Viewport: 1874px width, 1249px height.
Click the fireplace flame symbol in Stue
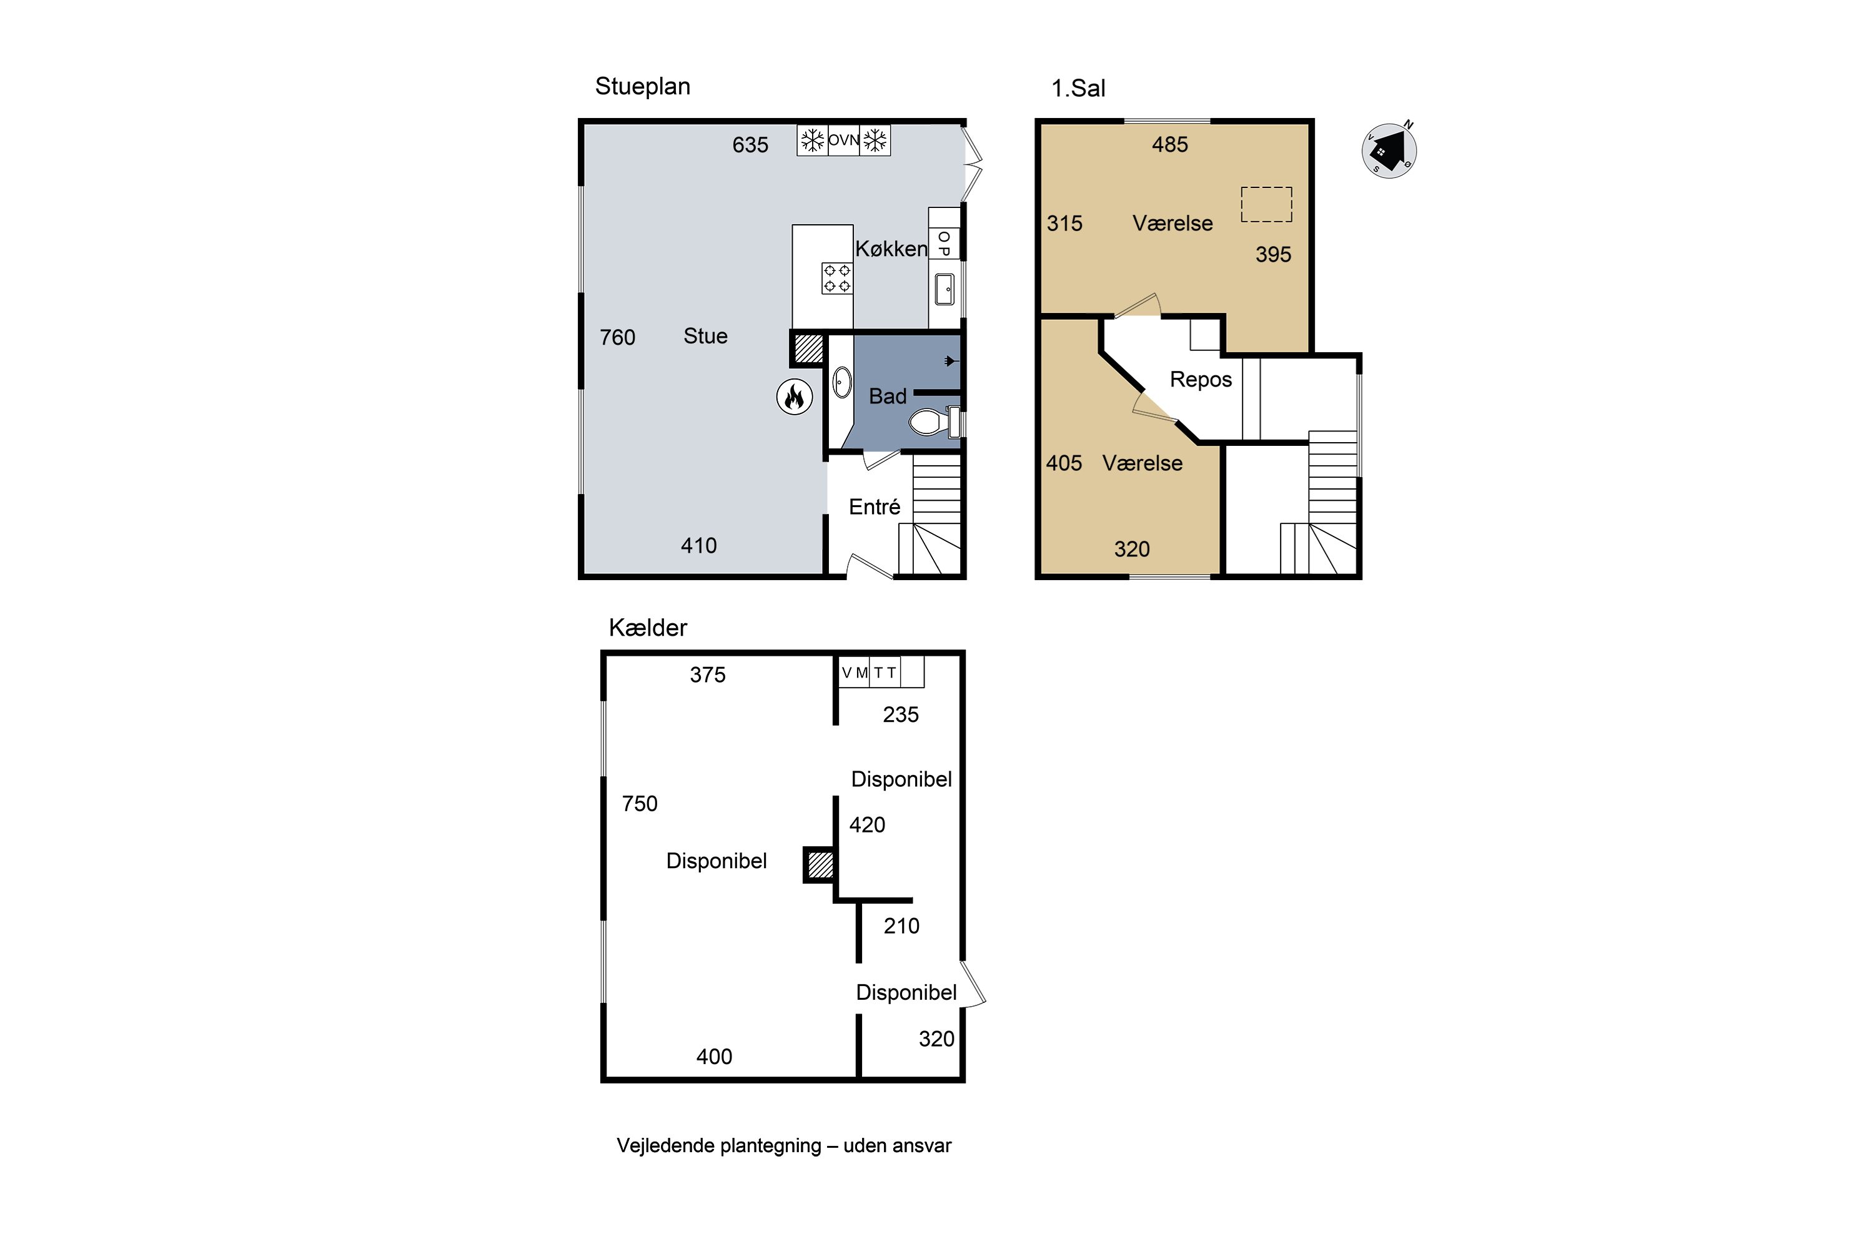795,397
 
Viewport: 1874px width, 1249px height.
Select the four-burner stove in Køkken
836,278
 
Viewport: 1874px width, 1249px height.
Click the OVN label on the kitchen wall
844,140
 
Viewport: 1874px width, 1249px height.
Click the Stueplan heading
642,87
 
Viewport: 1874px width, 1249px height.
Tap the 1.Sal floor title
1078,89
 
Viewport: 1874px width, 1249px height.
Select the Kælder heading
648,628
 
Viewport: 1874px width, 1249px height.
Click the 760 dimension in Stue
618,338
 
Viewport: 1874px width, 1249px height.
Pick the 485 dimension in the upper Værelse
1169,145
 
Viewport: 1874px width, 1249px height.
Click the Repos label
1201,380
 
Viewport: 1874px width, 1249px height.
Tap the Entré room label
874,507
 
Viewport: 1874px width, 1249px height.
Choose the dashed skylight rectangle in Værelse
1266,204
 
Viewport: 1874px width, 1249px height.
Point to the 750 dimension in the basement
640,804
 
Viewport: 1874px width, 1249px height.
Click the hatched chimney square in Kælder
820,865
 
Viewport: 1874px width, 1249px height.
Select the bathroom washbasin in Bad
841,382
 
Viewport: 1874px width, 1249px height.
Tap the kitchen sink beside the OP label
944,289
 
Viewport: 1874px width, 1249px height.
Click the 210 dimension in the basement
901,926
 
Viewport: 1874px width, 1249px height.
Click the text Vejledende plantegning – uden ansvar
784,1146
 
